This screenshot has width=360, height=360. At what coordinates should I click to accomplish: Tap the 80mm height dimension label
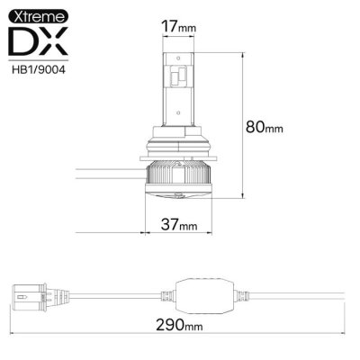pyautogui.click(x=267, y=127)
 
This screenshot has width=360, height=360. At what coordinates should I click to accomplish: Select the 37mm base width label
pyautogui.click(x=177, y=223)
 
